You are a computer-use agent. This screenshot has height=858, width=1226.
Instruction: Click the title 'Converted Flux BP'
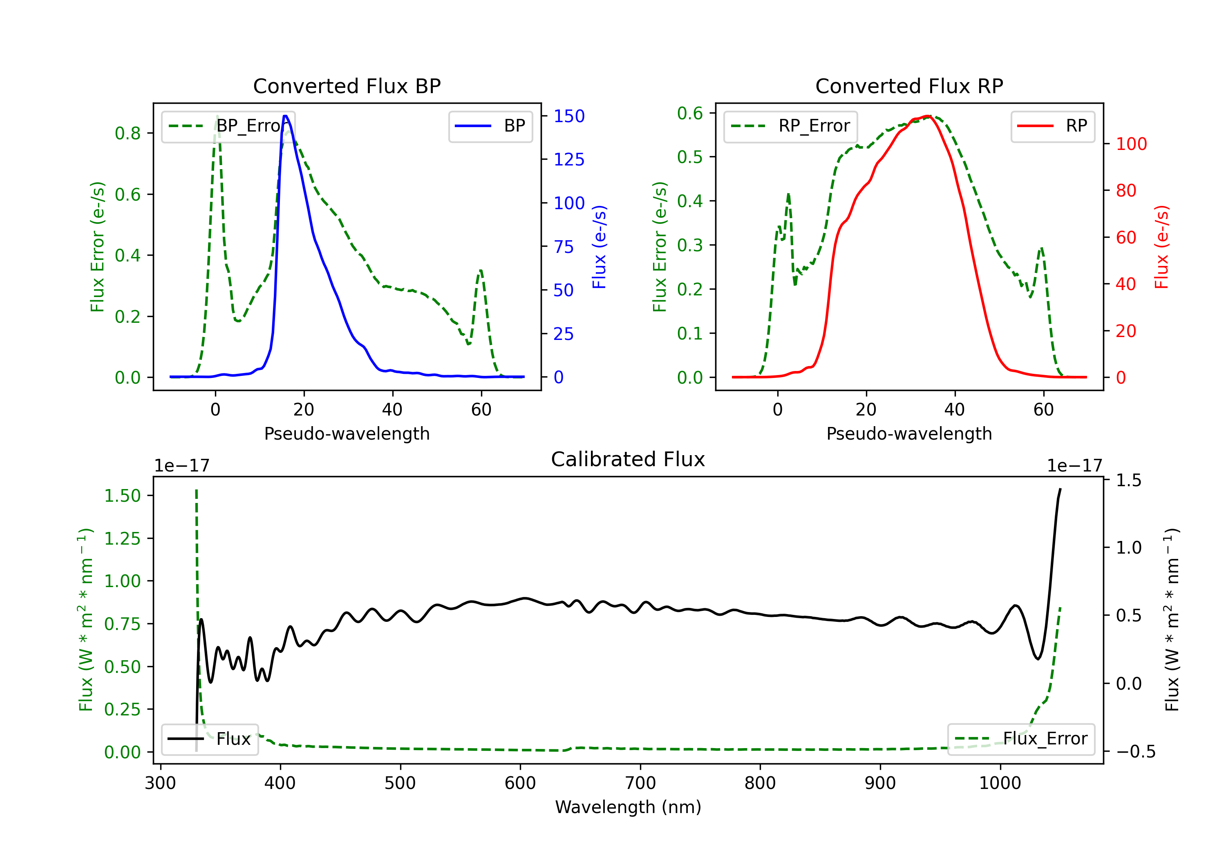[347, 86]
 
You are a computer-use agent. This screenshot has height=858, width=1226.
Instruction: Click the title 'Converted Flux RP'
[909, 86]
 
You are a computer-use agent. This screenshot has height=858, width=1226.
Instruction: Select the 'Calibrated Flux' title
[628, 459]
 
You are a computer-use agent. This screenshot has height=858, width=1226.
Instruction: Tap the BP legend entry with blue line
[490, 126]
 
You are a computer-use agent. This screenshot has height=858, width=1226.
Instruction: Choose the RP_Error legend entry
[790, 126]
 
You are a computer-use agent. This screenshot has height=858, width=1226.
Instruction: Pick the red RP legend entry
[1052, 126]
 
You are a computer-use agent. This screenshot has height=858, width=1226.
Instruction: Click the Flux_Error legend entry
[1021, 739]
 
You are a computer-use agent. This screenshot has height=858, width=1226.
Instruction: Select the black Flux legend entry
[209, 739]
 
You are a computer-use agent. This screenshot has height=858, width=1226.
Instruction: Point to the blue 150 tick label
[569, 116]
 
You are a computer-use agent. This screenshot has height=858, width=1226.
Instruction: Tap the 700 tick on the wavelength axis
[640, 783]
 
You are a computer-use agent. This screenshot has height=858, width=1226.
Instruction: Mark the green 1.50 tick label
[122, 496]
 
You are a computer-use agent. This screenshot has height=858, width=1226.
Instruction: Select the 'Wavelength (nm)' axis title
[628, 807]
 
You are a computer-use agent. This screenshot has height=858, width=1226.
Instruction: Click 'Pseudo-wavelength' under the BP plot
[347, 433]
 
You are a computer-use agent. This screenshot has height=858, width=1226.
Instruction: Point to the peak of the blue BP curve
[286, 116]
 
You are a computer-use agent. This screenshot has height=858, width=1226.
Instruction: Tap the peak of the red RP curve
[928, 116]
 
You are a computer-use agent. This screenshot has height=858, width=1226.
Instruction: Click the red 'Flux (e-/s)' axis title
[1162, 247]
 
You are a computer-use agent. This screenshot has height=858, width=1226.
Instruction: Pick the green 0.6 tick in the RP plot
[690, 113]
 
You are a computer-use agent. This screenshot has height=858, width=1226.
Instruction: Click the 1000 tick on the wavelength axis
[1000, 783]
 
